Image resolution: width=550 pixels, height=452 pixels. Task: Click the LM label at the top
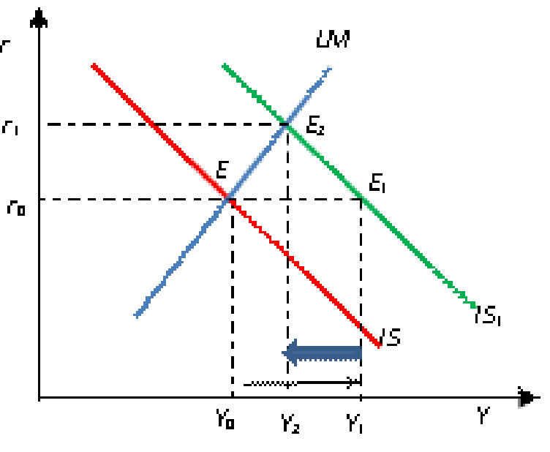pyautogui.click(x=333, y=39)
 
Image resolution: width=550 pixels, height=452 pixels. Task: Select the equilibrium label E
pyautogui.click(x=223, y=171)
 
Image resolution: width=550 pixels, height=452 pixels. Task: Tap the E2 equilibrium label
pyautogui.click(x=315, y=127)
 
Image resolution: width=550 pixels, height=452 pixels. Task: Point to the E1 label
pyautogui.click(x=377, y=183)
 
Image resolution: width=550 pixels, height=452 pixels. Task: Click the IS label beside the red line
pyautogui.click(x=393, y=339)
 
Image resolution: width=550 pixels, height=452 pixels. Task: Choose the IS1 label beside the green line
pyautogui.click(x=489, y=317)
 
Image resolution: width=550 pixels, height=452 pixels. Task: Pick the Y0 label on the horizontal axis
pyautogui.click(x=225, y=419)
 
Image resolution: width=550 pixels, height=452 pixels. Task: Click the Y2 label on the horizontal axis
pyautogui.click(x=290, y=423)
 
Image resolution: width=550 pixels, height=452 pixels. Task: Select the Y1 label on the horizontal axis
pyautogui.click(x=355, y=423)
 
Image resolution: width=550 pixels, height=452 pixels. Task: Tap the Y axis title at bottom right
pyautogui.click(x=483, y=417)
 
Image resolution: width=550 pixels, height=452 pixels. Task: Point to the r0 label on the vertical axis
pyautogui.click(x=17, y=209)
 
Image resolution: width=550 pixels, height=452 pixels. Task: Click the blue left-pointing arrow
pyautogui.click(x=322, y=353)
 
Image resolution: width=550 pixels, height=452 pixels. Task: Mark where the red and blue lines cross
pyautogui.click(x=227, y=197)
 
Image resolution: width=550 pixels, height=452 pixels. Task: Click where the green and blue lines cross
pyautogui.click(x=284, y=124)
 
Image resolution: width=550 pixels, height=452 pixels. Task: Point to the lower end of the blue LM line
pyautogui.click(x=137, y=315)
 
